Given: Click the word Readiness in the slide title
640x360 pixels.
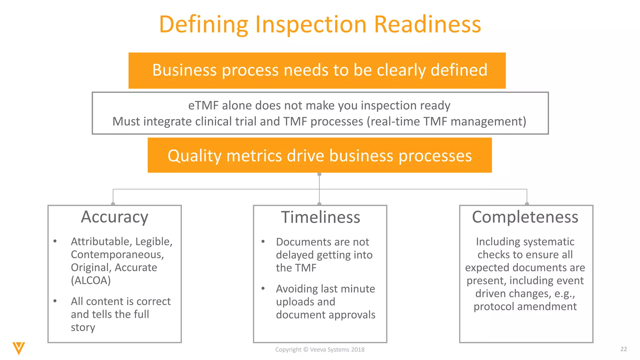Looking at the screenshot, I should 427,24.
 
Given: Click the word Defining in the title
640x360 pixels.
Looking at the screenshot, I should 203,25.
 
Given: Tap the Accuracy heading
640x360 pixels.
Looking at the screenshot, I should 114,217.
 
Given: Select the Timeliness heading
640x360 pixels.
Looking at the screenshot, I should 320,217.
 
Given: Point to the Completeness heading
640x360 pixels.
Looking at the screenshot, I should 525,217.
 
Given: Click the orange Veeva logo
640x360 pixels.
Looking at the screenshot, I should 19,348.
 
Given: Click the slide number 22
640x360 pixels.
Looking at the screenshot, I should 623,349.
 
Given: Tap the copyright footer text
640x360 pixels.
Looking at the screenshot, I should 320,350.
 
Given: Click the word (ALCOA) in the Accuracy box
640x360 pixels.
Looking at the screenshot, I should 91,280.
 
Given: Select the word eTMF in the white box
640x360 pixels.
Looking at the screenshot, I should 203,106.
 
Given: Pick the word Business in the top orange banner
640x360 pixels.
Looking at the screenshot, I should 184,70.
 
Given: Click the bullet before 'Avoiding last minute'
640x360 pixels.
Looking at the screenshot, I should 263,288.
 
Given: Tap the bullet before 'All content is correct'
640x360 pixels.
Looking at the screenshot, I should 55,301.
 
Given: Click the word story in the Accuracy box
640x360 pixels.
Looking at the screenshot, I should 83,327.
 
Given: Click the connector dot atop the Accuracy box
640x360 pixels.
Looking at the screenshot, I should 113,204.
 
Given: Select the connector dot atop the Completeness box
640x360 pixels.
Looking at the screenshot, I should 527,204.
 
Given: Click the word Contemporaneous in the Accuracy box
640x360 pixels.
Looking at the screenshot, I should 117,255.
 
